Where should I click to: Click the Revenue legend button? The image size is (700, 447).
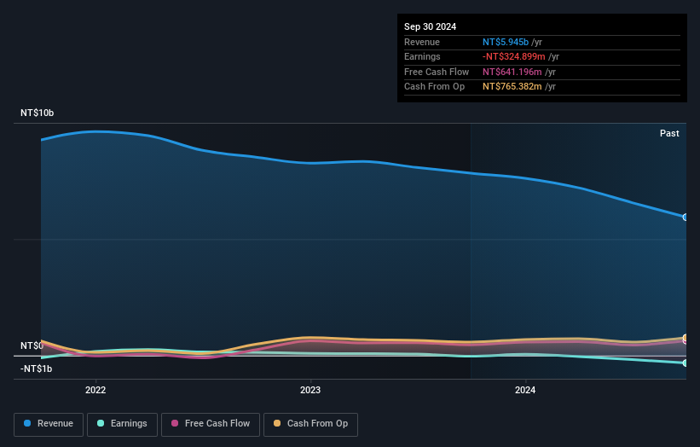(x=49, y=424)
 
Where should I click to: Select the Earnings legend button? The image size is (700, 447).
(x=122, y=424)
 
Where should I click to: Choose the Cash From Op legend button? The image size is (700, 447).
(x=310, y=424)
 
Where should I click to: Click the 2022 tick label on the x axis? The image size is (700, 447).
(x=95, y=391)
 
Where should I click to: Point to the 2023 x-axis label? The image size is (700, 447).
(x=310, y=391)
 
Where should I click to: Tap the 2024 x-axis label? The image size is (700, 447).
(x=525, y=391)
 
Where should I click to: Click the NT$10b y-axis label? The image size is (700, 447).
(x=37, y=113)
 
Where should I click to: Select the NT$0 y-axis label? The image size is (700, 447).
(x=32, y=345)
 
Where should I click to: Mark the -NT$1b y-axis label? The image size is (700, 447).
(x=37, y=369)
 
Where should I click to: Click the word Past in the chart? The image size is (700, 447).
(x=669, y=133)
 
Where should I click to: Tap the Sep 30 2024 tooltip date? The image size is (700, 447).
(x=432, y=26)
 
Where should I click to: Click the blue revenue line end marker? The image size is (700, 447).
(x=686, y=217)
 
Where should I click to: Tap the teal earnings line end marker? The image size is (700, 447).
(x=686, y=363)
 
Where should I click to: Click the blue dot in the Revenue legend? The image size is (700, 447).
(x=28, y=424)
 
